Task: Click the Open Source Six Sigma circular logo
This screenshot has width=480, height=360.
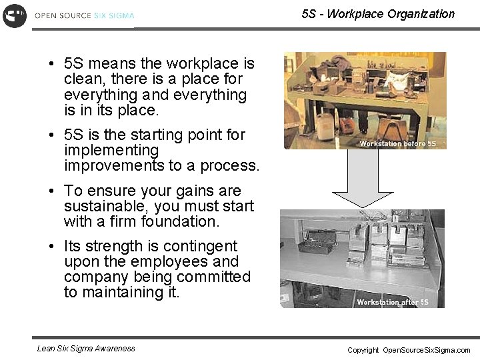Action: [14, 15]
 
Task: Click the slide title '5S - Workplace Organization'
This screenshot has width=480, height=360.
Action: [378, 13]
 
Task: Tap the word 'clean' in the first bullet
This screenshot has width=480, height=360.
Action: [81, 79]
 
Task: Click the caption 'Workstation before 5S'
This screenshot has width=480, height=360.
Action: [397, 143]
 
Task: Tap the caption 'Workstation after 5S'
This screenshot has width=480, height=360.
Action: [392, 302]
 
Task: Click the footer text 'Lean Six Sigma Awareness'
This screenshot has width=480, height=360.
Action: [86, 348]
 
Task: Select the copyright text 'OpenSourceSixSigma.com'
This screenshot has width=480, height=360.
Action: [427, 350]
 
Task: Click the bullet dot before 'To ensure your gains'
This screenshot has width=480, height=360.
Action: [51, 191]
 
